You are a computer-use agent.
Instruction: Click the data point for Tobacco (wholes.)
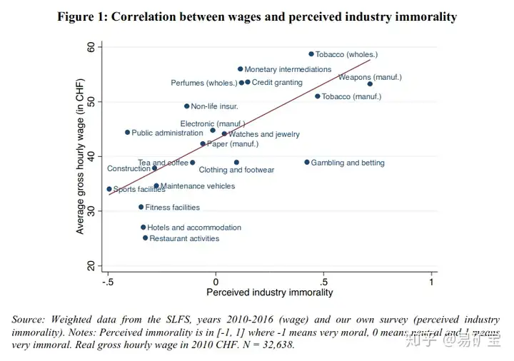coord(311,54)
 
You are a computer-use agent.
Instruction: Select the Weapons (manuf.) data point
coord(370,84)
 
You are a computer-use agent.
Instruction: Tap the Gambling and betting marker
coord(307,163)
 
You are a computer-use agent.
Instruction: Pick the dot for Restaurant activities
coord(145,238)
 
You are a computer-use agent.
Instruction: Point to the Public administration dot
coord(127,133)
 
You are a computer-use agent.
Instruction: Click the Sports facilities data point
coord(109,189)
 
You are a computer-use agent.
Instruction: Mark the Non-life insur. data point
coord(187,106)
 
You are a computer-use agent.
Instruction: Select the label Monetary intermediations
coord(288,70)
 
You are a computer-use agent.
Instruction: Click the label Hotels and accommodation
coord(194,228)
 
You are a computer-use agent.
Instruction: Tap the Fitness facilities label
coord(172,208)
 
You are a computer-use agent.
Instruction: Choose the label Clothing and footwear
coord(236,171)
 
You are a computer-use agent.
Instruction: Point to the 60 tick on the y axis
coord(91,47)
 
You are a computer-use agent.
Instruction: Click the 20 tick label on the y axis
coord(91,265)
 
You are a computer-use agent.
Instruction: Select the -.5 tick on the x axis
coord(108,283)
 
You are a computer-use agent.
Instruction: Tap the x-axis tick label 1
coord(432,283)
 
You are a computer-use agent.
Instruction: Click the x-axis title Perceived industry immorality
coord(269,293)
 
